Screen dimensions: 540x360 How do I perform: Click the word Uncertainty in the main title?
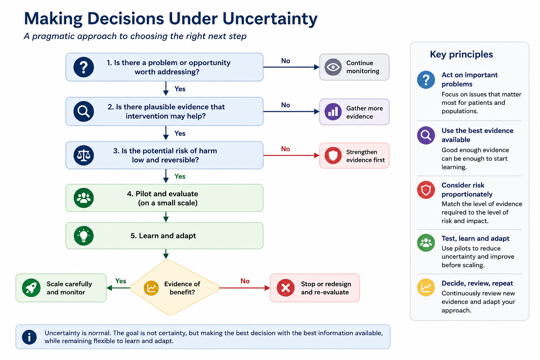[270, 19]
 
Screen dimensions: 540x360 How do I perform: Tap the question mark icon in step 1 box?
[84, 67]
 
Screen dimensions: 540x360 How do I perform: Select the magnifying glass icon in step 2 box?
[84, 111]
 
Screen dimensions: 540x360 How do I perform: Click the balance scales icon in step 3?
[84, 155]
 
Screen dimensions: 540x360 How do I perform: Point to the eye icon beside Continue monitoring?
[333, 67]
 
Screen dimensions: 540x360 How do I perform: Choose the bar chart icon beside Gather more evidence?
[333, 112]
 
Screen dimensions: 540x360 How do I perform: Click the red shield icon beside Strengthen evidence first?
[333, 155]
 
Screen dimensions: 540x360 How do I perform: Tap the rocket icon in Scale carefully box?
[31, 288]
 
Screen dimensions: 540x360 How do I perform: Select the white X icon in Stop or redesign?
[285, 288]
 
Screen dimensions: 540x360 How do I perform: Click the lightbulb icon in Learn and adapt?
[84, 236]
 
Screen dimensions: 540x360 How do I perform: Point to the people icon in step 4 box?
[84, 198]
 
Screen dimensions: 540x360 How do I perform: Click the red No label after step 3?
[285, 149]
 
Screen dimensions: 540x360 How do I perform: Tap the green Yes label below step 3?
[180, 176]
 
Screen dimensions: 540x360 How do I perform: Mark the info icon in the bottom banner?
[29, 337]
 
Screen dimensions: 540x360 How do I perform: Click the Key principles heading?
[461, 54]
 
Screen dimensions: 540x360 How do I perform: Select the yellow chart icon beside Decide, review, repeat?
[426, 288]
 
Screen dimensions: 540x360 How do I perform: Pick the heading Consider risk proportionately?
[467, 189]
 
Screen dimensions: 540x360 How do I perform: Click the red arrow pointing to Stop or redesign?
[244, 288]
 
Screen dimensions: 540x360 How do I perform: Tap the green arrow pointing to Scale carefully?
[118, 288]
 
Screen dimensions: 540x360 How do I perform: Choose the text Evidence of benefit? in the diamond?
[182, 288]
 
